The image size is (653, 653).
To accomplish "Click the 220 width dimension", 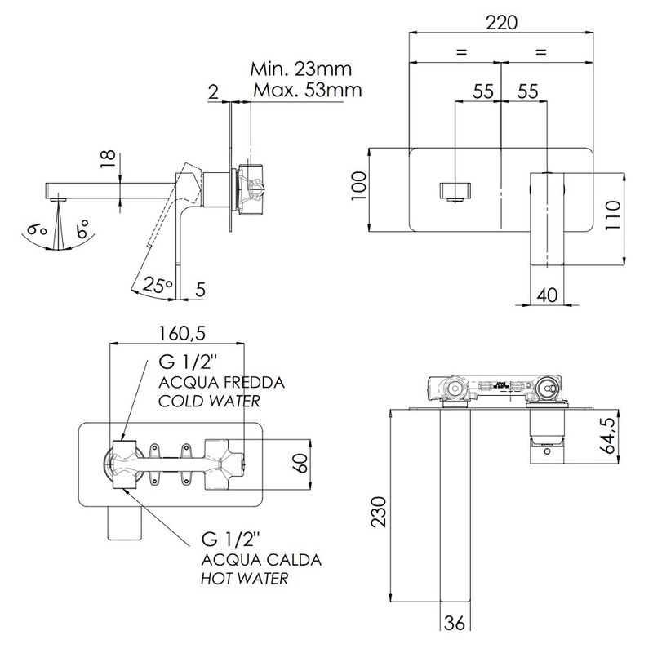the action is tap(501, 22).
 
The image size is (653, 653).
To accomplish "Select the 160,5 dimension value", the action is tap(182, 333).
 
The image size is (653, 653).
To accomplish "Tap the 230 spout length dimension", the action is tap(379, 512).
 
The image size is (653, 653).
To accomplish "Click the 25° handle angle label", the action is tap(158, 285).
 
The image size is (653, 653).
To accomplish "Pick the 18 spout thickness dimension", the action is tap(108, 158).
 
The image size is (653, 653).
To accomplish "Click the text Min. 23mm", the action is tap(300, 69).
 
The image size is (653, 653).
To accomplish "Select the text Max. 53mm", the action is tap(308, 90).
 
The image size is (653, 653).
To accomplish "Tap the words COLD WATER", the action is tap(209, 401).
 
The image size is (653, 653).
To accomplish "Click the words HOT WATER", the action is tap(244, 579).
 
